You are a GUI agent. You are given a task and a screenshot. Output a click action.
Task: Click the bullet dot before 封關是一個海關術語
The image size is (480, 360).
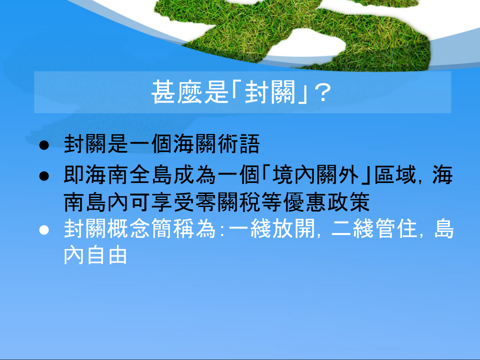[44, 145]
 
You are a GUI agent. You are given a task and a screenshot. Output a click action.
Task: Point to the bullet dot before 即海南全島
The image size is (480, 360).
[44, 176]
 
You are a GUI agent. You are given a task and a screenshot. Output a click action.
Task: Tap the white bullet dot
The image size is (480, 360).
[44, 230]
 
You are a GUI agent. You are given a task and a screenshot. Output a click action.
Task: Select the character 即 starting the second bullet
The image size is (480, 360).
[74, 175]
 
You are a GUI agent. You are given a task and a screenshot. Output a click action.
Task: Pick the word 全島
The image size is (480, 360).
[150, 175]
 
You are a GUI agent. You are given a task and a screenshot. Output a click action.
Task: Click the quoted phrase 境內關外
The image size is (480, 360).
[316, 175]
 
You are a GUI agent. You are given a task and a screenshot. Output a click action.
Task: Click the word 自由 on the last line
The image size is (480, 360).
[107, 255]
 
